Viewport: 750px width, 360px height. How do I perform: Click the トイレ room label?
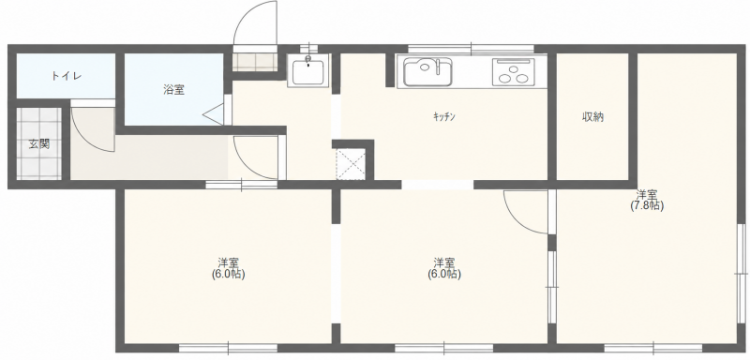coord(67,76)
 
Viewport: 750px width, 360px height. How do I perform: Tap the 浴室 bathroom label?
coord(173,89)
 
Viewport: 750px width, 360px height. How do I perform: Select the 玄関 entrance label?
coord(39,143)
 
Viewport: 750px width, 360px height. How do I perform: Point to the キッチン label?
coord(443,116)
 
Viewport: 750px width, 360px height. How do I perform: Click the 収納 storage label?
coord(592,117)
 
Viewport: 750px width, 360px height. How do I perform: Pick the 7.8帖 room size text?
coord(647,206)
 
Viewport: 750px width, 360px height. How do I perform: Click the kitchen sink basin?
coord(427,72)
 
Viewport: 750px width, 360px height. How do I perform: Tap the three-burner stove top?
coord(513,72)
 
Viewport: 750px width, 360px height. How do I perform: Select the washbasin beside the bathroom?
coord(307,70)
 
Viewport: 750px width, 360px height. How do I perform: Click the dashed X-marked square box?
coord(351,164)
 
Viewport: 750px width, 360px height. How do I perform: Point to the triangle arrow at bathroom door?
coord(213,114)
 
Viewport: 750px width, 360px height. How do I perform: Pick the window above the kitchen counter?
coord(471,49)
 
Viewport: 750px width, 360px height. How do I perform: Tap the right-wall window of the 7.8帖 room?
coord(742,273)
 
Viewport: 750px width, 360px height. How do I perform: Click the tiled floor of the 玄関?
coord(39,143)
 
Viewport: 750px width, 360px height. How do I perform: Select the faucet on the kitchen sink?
coord(437,67)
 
